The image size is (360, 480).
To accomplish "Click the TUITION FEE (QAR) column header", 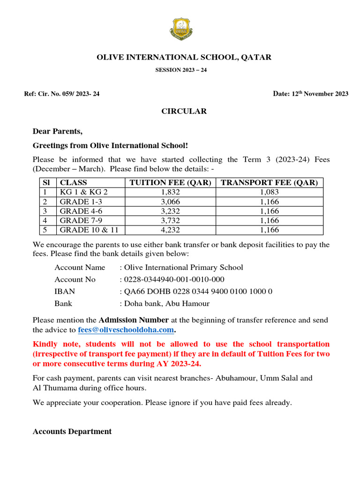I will (x=169, y=183).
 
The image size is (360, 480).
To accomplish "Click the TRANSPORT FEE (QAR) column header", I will (x=269, y=183).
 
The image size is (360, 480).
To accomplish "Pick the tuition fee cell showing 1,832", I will (x=169, y=192).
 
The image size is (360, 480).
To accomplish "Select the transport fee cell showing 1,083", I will (x=269, y=192).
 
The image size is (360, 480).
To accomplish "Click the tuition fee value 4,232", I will (x=169, y=230).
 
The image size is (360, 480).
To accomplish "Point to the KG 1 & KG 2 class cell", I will (x=83, y=192).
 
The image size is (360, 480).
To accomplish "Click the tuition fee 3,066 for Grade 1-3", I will (x=169, y=202).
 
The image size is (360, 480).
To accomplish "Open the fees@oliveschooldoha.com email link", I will (x=126, y=330).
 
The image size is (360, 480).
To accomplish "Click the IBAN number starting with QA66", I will (x=198, y=292).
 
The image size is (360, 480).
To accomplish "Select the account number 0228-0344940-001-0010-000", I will (x=174, y=279).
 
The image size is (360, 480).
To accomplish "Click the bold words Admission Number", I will (x=134, y=320).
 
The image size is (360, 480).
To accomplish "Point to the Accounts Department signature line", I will (x=72, y=432).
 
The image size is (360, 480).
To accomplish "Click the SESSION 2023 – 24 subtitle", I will (x=181, y=70).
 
